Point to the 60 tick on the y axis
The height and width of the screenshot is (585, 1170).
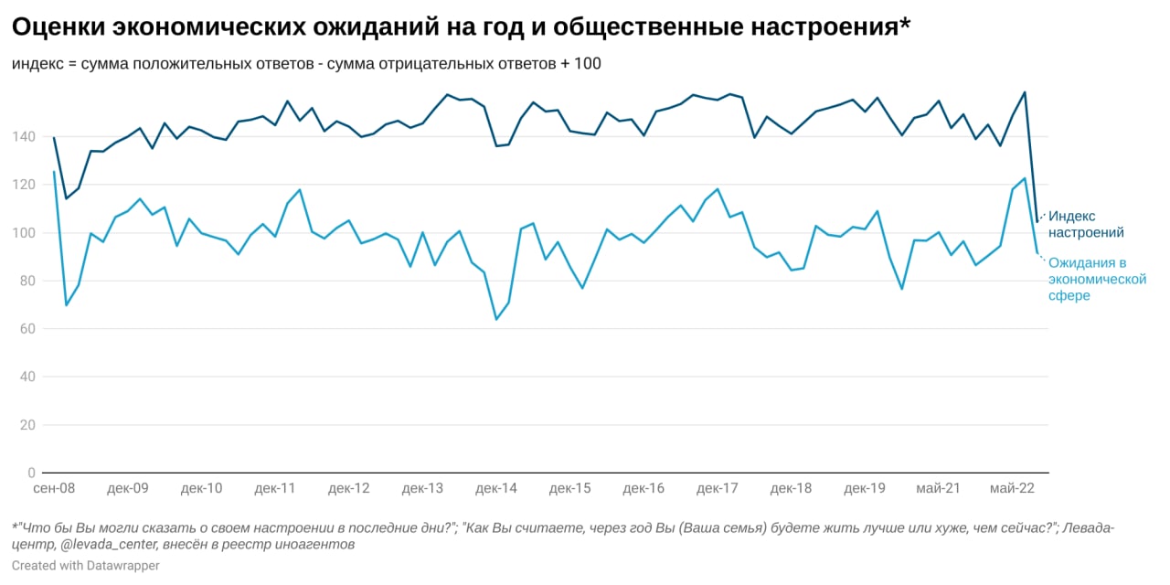(27, 329)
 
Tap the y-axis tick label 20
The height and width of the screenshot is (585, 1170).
(27, 425)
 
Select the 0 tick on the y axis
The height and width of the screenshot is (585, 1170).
(31, 473)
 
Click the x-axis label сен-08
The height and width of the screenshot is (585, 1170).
(54, 489)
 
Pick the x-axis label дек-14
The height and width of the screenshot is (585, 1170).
(496, 489)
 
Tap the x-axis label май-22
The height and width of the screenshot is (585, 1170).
(1013, 489)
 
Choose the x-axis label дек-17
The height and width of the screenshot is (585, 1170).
(718, 489)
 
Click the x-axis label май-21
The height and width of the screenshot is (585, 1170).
(938, 489)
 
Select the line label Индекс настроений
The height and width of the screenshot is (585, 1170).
(1086, 225)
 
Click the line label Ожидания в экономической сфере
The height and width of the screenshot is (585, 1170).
(1096, 279)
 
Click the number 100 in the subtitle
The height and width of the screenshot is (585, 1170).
(588, 64)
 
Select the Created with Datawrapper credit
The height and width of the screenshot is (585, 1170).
(86, 566)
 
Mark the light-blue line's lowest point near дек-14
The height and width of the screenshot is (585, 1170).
(496, 319)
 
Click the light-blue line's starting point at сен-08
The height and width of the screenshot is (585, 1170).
(54, 172)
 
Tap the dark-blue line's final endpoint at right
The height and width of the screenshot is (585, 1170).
(1037, 222)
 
